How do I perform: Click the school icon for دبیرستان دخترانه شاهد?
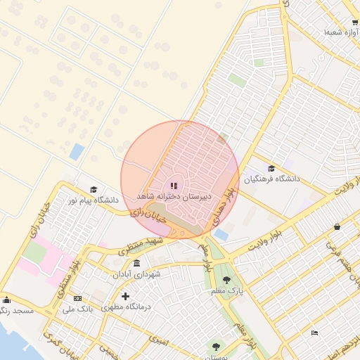(x=174, y=186)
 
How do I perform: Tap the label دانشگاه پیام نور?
(x=92, y=200)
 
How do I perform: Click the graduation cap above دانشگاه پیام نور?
(x=94, y=190)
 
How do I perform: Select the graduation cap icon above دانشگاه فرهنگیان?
(x=271, y=168)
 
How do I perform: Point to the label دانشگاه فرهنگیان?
(x=271, y=179)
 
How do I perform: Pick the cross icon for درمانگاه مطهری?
(x=125, y=296)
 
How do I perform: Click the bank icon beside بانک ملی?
(x=77, y=298)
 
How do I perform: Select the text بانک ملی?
(x=78, y=309)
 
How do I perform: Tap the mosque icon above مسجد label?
(x=6, y=300)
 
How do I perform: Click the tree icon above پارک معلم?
(x=226, y=280)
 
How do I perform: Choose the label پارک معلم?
(x=226, y=290)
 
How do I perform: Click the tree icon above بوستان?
(x=215, y=346)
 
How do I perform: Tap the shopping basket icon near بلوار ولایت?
(x=337, y=226)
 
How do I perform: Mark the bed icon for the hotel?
(x=314, y=332)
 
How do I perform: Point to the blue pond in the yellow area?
(x=76, y=151)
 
